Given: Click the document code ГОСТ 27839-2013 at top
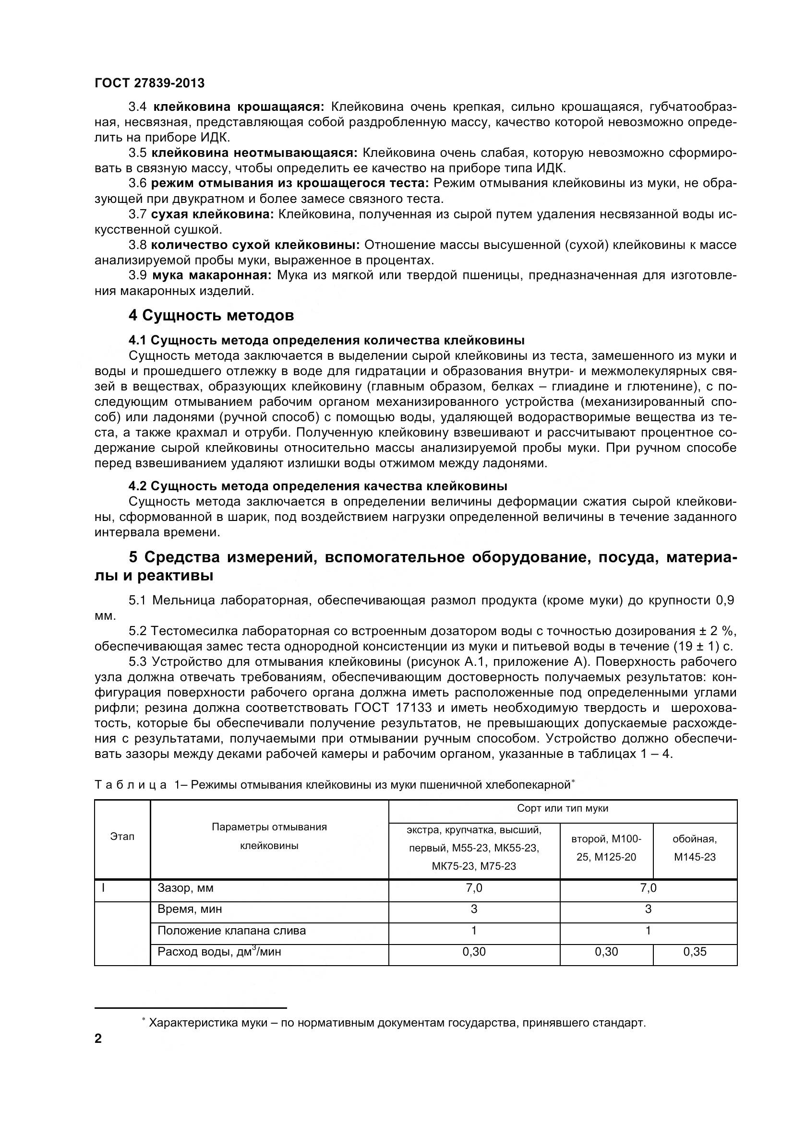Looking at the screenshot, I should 150,83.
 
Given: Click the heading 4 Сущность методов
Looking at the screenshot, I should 211,316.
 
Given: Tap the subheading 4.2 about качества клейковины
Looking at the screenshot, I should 317,486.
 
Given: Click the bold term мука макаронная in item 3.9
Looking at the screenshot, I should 211,276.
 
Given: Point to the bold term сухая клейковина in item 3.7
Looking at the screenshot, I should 212,214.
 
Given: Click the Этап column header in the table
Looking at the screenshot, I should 122,836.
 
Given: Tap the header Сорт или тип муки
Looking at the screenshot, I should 562,808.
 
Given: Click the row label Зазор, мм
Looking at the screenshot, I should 185,887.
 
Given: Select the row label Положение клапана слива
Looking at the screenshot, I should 231,931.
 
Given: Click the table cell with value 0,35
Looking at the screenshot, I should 694,951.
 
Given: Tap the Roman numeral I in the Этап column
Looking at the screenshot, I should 103,887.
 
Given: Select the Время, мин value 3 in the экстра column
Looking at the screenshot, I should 473,909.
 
